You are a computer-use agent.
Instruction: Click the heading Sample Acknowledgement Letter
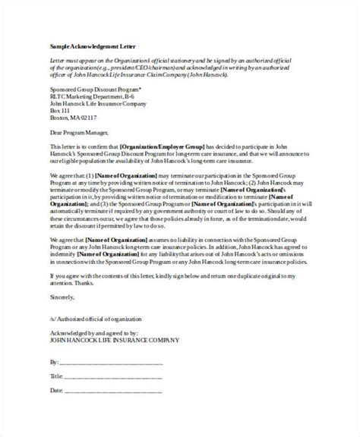[83, 46]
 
